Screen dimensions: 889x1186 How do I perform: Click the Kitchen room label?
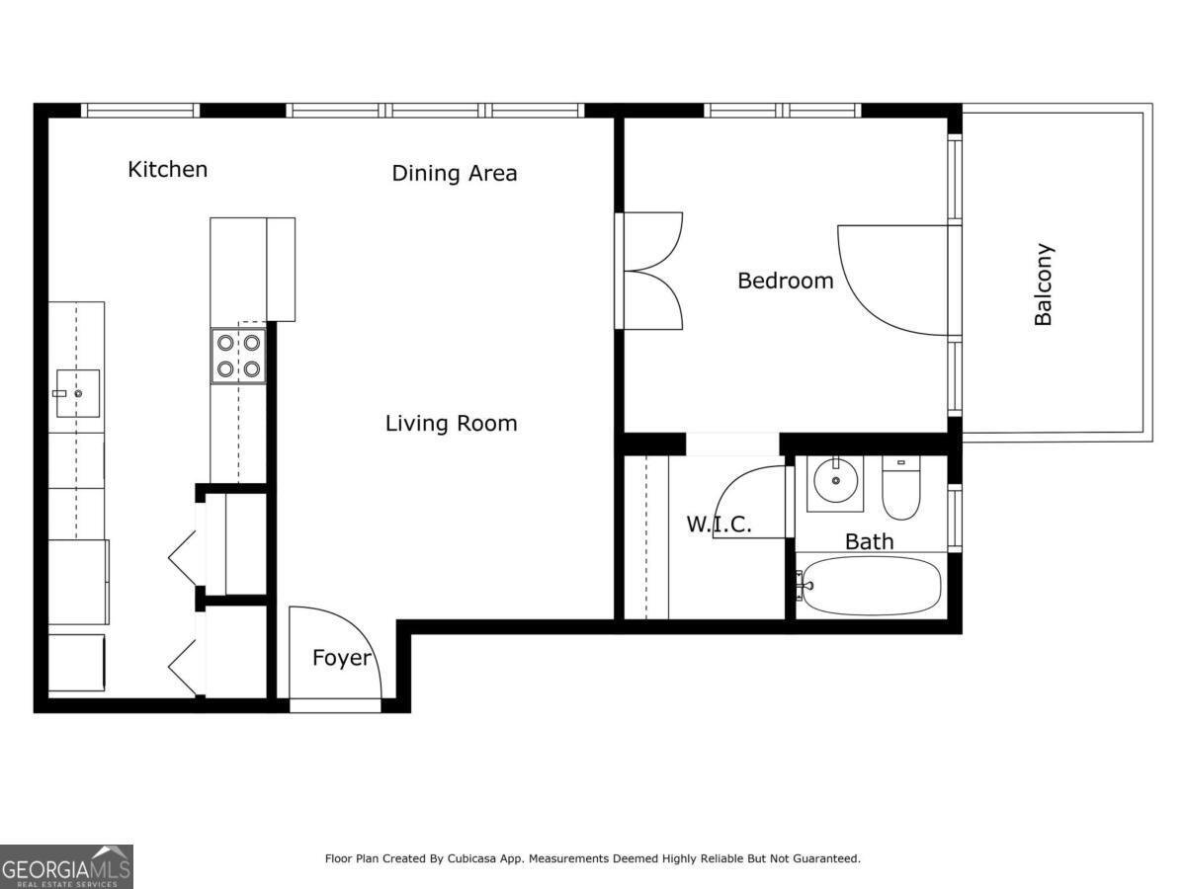[x=168, y=169]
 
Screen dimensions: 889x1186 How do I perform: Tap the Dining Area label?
[x=454, y=173]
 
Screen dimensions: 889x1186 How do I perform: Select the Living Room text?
[x=451, y=424]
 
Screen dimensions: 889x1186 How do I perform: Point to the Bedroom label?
[x=786, y=281]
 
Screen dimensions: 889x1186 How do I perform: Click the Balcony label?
[x=1043, y=284]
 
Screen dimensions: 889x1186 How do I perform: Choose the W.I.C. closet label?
[x=719, y=525]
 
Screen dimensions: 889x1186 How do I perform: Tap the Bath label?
[x=869, y=541]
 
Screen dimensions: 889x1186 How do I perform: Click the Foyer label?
[x=342, y=658]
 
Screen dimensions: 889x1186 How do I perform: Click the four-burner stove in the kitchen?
[x=238, y=356]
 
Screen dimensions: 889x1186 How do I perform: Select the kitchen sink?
[x=76, y=393]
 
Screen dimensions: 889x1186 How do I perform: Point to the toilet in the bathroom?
[x=900, y=489]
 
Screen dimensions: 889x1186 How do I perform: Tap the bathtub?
[x=870, y=586]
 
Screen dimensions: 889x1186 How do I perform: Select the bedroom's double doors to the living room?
[x=649, y=270]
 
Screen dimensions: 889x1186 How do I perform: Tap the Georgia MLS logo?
[x=66, y=866]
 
